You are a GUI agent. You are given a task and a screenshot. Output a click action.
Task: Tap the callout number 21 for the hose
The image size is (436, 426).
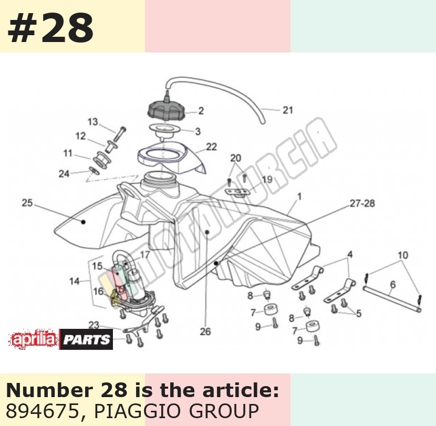[x=288, y=110]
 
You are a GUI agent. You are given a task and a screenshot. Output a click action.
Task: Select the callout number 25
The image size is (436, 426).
[x=27, y=203]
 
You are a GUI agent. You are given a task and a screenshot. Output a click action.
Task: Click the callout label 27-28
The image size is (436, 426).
[x=362, y=204]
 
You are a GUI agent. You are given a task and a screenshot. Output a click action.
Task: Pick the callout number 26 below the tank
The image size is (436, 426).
[x=205, y=331]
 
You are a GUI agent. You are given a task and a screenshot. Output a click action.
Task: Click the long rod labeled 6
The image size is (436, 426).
[x=392, y=299]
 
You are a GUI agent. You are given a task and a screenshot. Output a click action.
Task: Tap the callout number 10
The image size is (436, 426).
[x=403, y=255]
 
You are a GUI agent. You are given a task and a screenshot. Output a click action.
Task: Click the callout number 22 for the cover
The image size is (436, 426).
[x=211, y=147]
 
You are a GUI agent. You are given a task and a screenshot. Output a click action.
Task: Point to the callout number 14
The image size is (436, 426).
[x=74, y=282]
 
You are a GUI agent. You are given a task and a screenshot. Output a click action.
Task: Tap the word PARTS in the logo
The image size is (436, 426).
[x=86, y=339]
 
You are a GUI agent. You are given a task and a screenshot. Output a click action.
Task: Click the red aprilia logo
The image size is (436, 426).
[x=34, y=339]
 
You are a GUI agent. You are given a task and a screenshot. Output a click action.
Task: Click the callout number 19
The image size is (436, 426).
[x=267, y=179]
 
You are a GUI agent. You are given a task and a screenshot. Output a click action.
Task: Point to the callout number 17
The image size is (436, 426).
[x=144, y=254]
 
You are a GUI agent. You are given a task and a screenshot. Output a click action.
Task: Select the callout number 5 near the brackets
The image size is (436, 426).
[x=359, y=314]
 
